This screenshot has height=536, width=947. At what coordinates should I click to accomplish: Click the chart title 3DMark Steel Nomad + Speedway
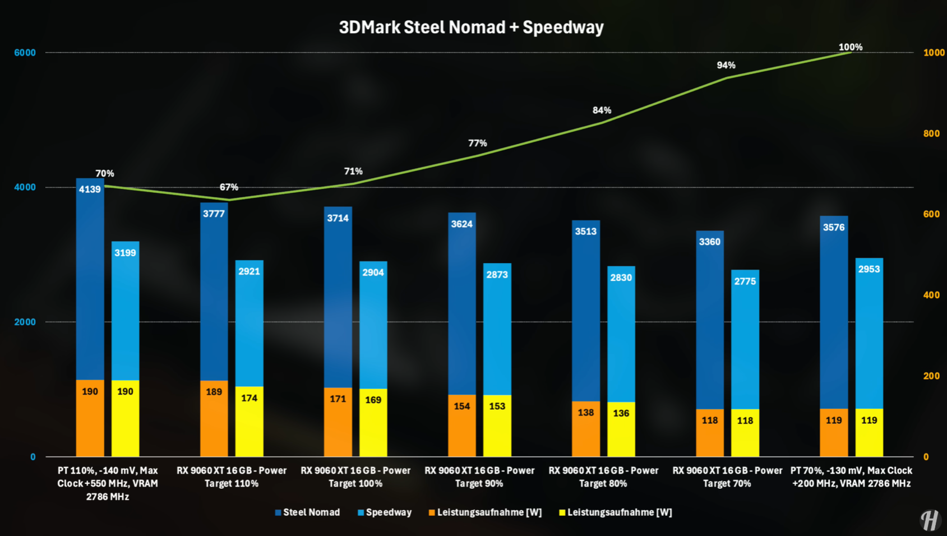coord(471,27)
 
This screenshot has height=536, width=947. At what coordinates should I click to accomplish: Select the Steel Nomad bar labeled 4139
coord(90,280)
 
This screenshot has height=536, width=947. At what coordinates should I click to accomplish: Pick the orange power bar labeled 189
coord(214,418)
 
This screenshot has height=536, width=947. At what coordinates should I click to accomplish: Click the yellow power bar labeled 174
coord(249,421)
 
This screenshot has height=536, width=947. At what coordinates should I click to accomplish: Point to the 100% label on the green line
coord(850,47)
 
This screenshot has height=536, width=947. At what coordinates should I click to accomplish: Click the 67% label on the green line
coord(229,187)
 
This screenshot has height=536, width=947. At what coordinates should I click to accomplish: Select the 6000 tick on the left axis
coord(25,53)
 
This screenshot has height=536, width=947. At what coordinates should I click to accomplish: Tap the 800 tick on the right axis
coord(931,133)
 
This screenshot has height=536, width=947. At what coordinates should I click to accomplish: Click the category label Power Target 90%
coord(479,477)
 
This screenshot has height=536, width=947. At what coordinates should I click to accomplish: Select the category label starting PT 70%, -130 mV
coord(851,477)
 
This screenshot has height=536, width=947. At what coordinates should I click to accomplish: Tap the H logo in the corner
coord(929,520)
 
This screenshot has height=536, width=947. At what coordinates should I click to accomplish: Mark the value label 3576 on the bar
coord(833,227)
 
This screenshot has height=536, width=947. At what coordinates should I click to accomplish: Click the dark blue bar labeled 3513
coord(586,314)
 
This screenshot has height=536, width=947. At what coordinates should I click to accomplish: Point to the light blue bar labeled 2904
coord(373,331)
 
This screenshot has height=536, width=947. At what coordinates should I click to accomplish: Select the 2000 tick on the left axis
coord(25,322)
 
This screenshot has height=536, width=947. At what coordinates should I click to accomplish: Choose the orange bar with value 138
coord(586,428)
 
